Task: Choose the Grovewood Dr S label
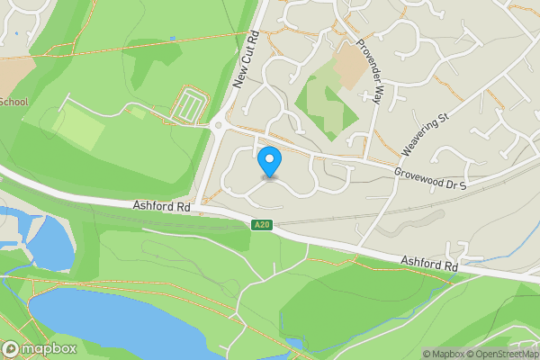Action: tap(430, 178)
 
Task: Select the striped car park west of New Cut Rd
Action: tap(191, 103)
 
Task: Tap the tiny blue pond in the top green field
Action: tap(172, 39)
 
